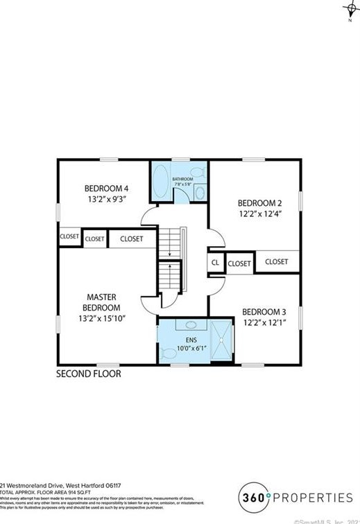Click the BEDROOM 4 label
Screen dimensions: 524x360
pos(107,188)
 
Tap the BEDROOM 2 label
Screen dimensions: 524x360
pos(260,203)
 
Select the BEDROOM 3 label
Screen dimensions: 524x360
pos(264,312)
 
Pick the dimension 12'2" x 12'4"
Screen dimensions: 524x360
pos(260,214)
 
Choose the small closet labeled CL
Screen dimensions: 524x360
pos(215,263)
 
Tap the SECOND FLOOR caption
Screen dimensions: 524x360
pos(89,374)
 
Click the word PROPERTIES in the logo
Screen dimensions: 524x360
pos(314,497)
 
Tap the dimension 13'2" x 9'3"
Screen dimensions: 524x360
pos(107,199)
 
